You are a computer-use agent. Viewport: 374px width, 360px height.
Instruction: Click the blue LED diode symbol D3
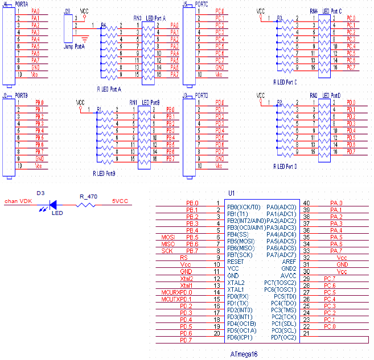tap(54, 203)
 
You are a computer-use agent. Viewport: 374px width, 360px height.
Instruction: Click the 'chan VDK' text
tap(18, 201)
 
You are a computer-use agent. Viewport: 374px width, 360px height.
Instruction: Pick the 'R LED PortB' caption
tap(104, 172)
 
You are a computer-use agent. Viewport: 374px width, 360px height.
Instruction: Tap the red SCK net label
tap(167, 251)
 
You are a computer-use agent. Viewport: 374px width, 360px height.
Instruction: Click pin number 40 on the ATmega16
tap(306, 203)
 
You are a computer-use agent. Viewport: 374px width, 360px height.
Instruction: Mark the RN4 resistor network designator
tap(314, 11)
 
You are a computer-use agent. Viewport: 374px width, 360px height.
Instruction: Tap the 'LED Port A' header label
tap(156, 18)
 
